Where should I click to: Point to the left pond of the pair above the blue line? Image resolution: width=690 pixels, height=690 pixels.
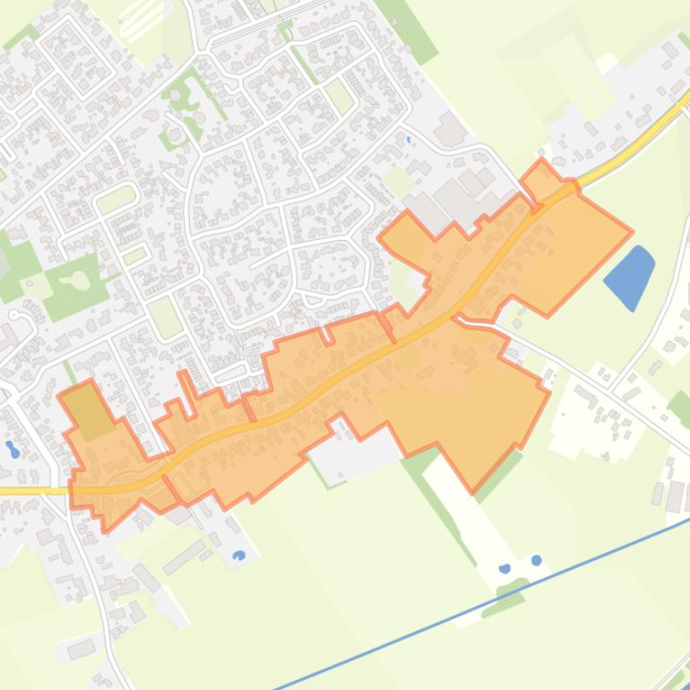tap(505, 568)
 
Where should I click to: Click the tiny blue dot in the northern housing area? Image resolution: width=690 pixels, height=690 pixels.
tap(409, 139)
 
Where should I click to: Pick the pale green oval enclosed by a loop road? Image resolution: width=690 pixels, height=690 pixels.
tap(116, 199)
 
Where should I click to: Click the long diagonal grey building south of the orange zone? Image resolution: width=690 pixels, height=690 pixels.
tap(185, 556)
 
